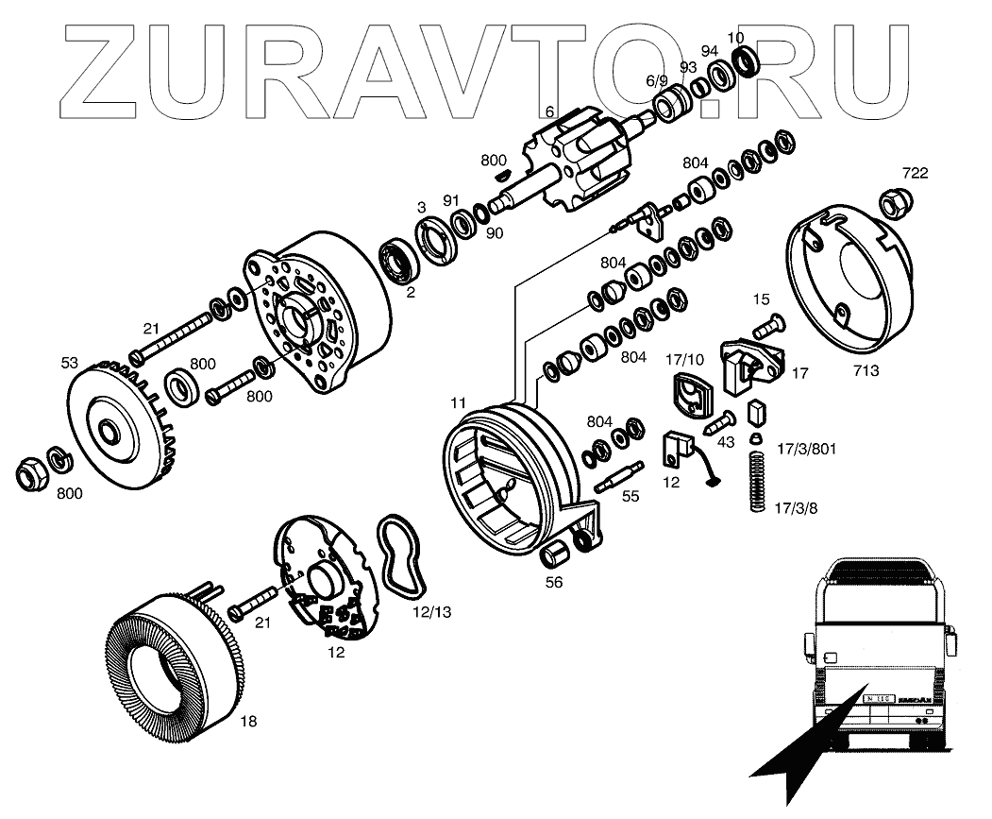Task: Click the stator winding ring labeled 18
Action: (171, 660)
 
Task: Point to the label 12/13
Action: (431, 611)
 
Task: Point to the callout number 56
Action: (554, 583)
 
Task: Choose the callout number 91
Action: (451, 200)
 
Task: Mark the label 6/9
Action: (656, 81)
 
